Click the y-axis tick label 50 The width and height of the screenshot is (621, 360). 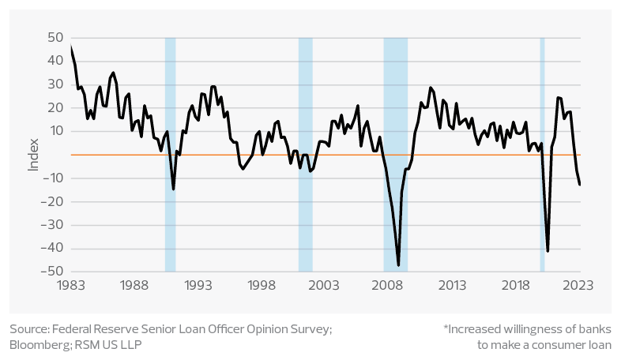click(x=55, y=37)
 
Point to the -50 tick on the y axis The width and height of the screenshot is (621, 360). click(x=52, y=271)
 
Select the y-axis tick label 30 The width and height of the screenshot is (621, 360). click(x=55, y=84)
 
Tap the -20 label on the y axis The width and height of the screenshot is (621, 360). click(x=52, y=201)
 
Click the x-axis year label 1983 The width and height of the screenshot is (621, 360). click(x=70, y=284)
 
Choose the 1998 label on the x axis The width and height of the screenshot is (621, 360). click(x=262, y=284)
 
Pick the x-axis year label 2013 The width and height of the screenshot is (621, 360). click(x=451, y=284)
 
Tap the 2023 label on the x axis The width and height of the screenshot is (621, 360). click(x=578, y=284)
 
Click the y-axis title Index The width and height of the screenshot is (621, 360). click(x=33, y=155)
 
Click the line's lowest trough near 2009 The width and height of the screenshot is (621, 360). click(x=399, y=265)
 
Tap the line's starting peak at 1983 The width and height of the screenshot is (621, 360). click(x=71, y=46)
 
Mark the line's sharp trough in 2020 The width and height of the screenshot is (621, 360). click(x=548, y=251)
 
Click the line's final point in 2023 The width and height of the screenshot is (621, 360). click(x=580, y=185)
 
